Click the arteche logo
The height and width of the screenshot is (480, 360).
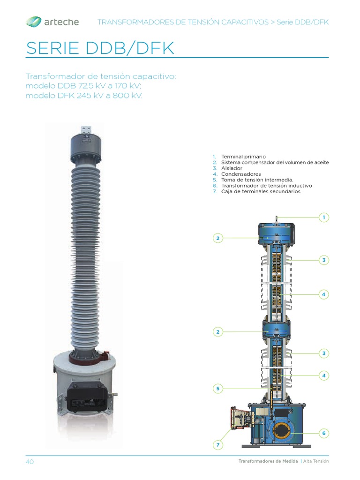pos(52,22)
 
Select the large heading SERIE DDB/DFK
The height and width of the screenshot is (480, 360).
pos(100,48)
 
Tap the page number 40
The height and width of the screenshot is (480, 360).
pos(30,462)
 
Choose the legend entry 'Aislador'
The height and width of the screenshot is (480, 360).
pos(232,168)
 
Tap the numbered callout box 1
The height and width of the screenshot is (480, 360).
pos(323,217)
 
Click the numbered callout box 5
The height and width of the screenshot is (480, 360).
pos(217,388)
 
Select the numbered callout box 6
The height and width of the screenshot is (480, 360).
pos(323,433)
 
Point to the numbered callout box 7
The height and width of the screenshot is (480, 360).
pos(217,444)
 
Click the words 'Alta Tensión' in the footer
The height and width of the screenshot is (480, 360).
pos(316,461)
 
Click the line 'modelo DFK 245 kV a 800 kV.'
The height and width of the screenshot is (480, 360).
pos(84,95)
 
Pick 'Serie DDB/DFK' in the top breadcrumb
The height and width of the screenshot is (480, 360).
pos(303,22)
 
